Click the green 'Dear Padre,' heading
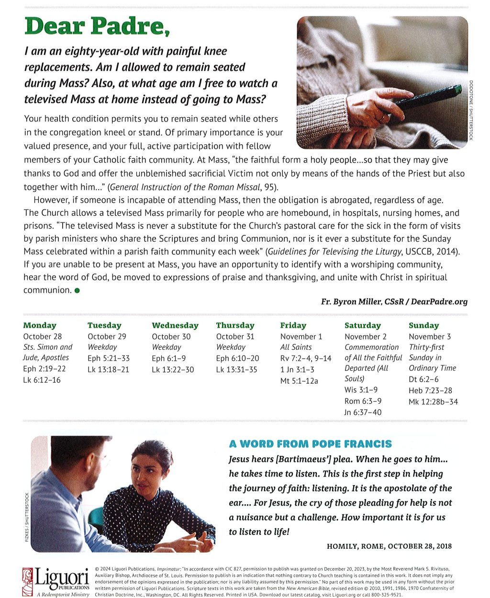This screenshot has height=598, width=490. pos(97,27)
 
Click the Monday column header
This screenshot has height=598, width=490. pos(40,325)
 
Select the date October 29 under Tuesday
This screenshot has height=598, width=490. pos(107,336)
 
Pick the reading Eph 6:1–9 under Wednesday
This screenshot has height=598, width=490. pos(169,358)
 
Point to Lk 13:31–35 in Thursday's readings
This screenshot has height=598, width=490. pos(236,369)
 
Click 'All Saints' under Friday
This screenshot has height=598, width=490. pos(296,347)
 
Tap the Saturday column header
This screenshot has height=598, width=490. pos(362,325)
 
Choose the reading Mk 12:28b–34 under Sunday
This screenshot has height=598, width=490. pos(433,402)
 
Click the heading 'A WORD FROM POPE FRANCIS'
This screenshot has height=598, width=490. pos(311,444)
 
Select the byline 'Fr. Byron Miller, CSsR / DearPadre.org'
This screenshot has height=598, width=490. pos(394,302)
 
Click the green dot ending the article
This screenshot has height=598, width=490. pos(77,290)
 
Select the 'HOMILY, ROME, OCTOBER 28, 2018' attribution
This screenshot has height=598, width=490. pos(389,546)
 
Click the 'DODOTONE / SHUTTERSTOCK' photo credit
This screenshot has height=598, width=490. pos(471,110)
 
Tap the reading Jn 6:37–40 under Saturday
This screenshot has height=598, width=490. pos(363,412)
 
